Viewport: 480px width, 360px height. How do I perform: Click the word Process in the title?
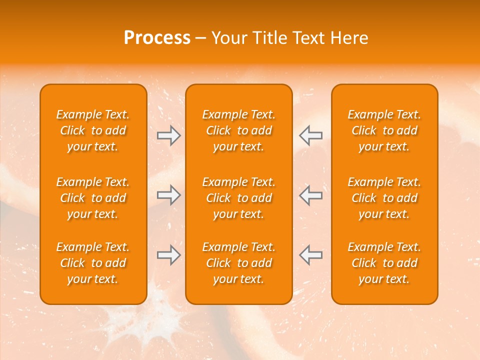pos(157,38)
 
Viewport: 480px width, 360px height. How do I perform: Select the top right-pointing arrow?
pos(168,135)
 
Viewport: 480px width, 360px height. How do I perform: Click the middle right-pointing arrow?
pos(168,195)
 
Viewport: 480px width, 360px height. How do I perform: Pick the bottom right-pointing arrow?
pos(168,255)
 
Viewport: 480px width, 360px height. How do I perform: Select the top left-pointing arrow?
pos(310,135)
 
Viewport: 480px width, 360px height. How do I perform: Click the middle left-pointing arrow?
pos(310,195)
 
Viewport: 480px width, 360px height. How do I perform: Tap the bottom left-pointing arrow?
pos(310,255)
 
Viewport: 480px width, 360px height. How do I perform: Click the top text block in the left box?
pos(93,130)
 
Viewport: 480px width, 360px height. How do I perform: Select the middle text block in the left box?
pos(93,198)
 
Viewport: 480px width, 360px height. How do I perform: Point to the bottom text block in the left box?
pos(93,263)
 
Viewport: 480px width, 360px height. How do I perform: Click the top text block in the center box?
pos(239,130)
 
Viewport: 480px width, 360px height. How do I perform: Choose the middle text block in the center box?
pos(239,198)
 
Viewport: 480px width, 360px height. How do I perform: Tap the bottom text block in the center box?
pos(239,263)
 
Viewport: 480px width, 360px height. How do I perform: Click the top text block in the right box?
pos(384,130)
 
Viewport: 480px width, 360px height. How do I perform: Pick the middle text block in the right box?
pos(384,198)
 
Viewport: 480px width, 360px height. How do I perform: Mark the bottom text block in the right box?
pos(384,263)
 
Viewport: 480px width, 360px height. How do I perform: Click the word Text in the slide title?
pos(309,38)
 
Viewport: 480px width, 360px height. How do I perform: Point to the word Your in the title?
pos(228,38)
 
